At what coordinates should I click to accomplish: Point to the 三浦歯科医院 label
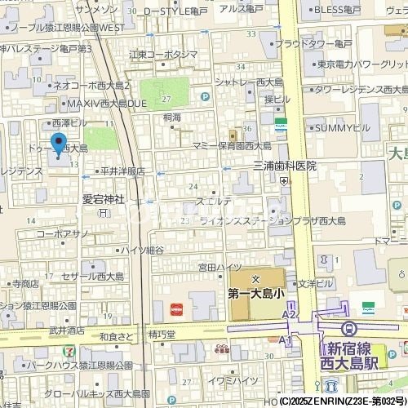(284, 166)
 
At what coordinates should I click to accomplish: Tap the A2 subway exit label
(289, 313)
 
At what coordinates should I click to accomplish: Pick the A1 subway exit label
(285, 339)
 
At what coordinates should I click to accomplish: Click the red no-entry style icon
(176, 308)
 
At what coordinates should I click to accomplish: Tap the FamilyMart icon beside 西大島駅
(368, 308)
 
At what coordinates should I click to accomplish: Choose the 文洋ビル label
(315, 284)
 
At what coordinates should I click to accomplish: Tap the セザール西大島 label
(91, 277)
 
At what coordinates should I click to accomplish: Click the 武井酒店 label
(67, 330)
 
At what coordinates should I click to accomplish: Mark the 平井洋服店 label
(122, 172)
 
